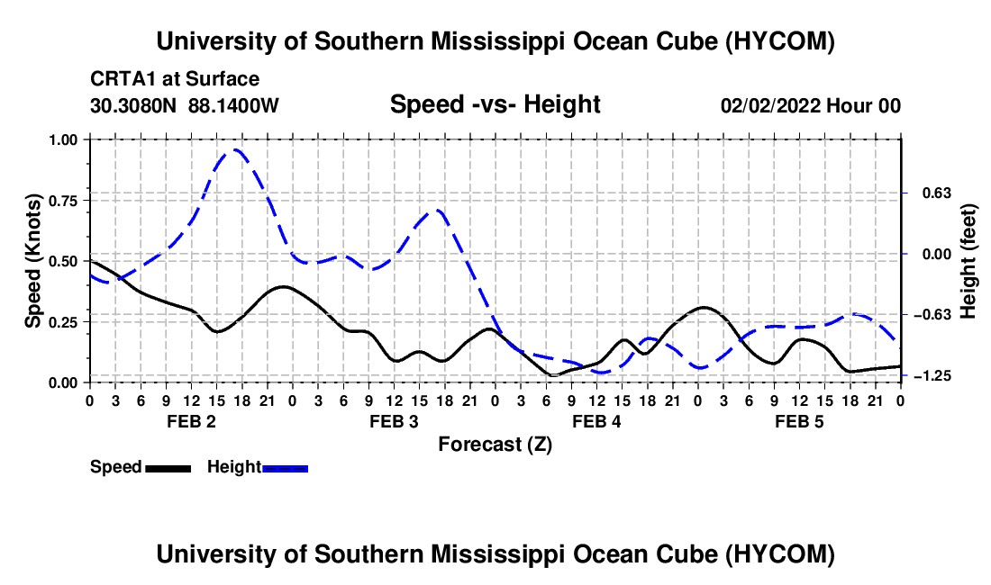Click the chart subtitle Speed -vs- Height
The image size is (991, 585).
pos(495,104)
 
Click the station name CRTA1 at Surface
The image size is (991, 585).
pos(175,79)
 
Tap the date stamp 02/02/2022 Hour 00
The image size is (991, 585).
pos(810,105)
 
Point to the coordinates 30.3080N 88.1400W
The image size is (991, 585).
pos(184,105)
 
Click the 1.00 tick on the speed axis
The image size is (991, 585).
pos(62,139)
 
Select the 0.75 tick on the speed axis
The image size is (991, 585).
pos(62,201)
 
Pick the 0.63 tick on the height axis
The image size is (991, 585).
pos(936,193)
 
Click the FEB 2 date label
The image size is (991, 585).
pos(192,421)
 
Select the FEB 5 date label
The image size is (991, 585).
pos(799,421)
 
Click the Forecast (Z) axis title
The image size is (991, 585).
pos(495,445)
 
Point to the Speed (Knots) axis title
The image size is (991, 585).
pos(32,261)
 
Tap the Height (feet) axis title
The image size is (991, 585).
pos(968,261)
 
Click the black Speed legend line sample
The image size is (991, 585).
pos(168,468)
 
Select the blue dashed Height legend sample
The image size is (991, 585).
pos(285,468)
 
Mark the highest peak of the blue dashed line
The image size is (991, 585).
pos(236,149)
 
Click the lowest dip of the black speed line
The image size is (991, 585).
pos(554,375)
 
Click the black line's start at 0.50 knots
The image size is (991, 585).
pos(90,261)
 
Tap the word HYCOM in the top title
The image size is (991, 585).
pos(780,41)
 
